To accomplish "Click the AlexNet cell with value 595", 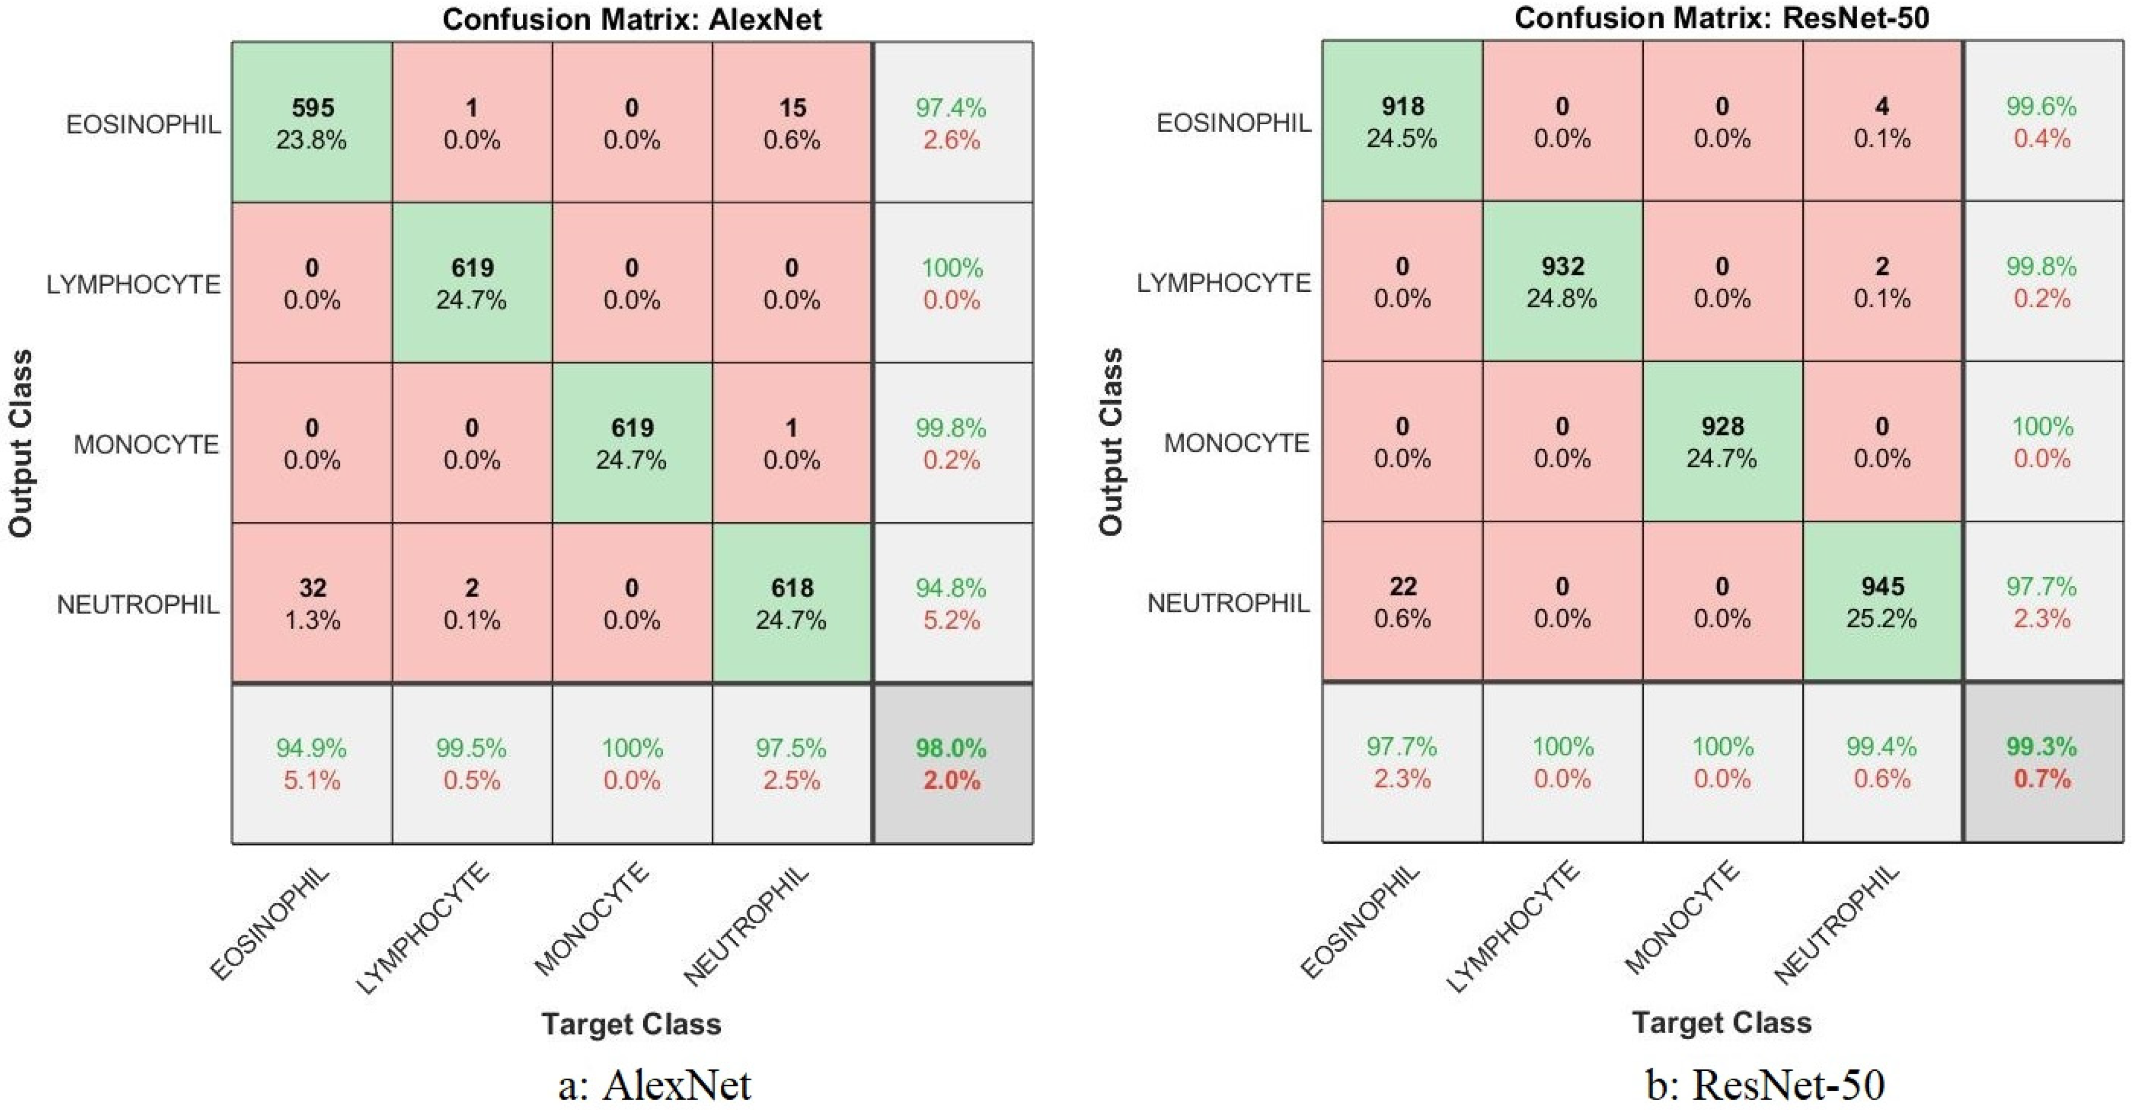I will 312,123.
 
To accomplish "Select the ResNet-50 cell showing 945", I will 1882,602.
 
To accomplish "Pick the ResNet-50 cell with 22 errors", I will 1402,602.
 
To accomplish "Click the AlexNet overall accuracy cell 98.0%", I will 952,763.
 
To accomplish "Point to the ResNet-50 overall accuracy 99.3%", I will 2042,761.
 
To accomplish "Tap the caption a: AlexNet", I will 654,1084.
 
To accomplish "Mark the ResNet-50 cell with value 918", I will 1402,121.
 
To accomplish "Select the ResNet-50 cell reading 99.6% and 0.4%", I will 2042,121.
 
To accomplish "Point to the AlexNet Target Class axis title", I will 632,1024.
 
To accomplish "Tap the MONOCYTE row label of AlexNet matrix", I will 146,445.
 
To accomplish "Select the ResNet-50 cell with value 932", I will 1562,281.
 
